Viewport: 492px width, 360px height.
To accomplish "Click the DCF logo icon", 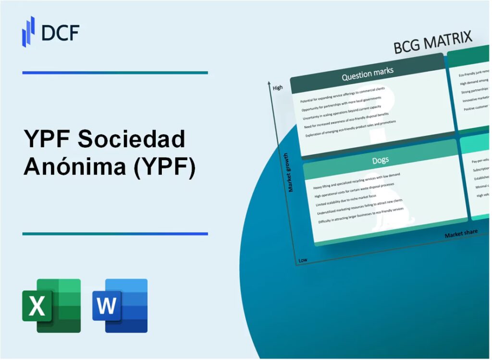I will click(28, 31).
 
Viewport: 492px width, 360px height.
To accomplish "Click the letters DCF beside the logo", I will click(60, 32).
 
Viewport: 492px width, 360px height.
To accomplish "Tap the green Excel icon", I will click(51, 306).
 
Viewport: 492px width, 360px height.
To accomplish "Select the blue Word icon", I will click(120, 306).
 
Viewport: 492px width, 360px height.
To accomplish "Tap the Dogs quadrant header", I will click(380, 160).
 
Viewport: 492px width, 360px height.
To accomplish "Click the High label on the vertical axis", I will click(278, 88).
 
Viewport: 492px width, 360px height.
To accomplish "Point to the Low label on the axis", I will click(303, 260).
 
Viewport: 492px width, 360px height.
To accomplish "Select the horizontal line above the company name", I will click(115, 73).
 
